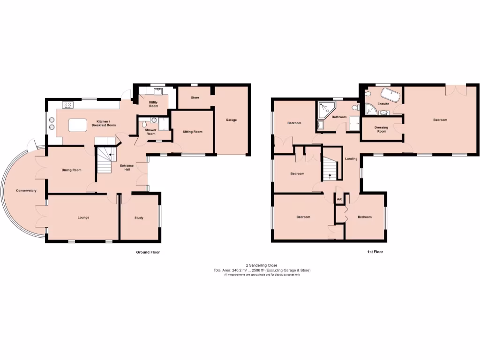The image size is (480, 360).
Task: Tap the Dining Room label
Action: click(x=71, y=170)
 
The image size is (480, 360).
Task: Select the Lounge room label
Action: click(x=83, y=217)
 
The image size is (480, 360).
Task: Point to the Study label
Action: click(x=139, y=217)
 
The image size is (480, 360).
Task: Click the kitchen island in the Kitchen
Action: click(x=78, y=125)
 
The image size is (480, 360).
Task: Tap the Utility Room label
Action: click(x=153, y=104)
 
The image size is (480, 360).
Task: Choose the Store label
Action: click(x=195, y=98)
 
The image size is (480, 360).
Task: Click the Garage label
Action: click(x=231, y=120)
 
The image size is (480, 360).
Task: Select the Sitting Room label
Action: click(x=192, y=132)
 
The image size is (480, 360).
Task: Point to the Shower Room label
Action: click(x=150, y=132)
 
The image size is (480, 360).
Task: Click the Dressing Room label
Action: click(x=382, y=129)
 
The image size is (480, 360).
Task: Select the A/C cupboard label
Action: click(x=340, y=200)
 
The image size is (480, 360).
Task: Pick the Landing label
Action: click(x=351, y=159)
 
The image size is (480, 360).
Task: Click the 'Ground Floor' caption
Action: click(x=148, y=252)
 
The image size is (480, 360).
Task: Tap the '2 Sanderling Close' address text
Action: click(x=262, y=265)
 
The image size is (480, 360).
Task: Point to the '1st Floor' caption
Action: click(x=375, y=252)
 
